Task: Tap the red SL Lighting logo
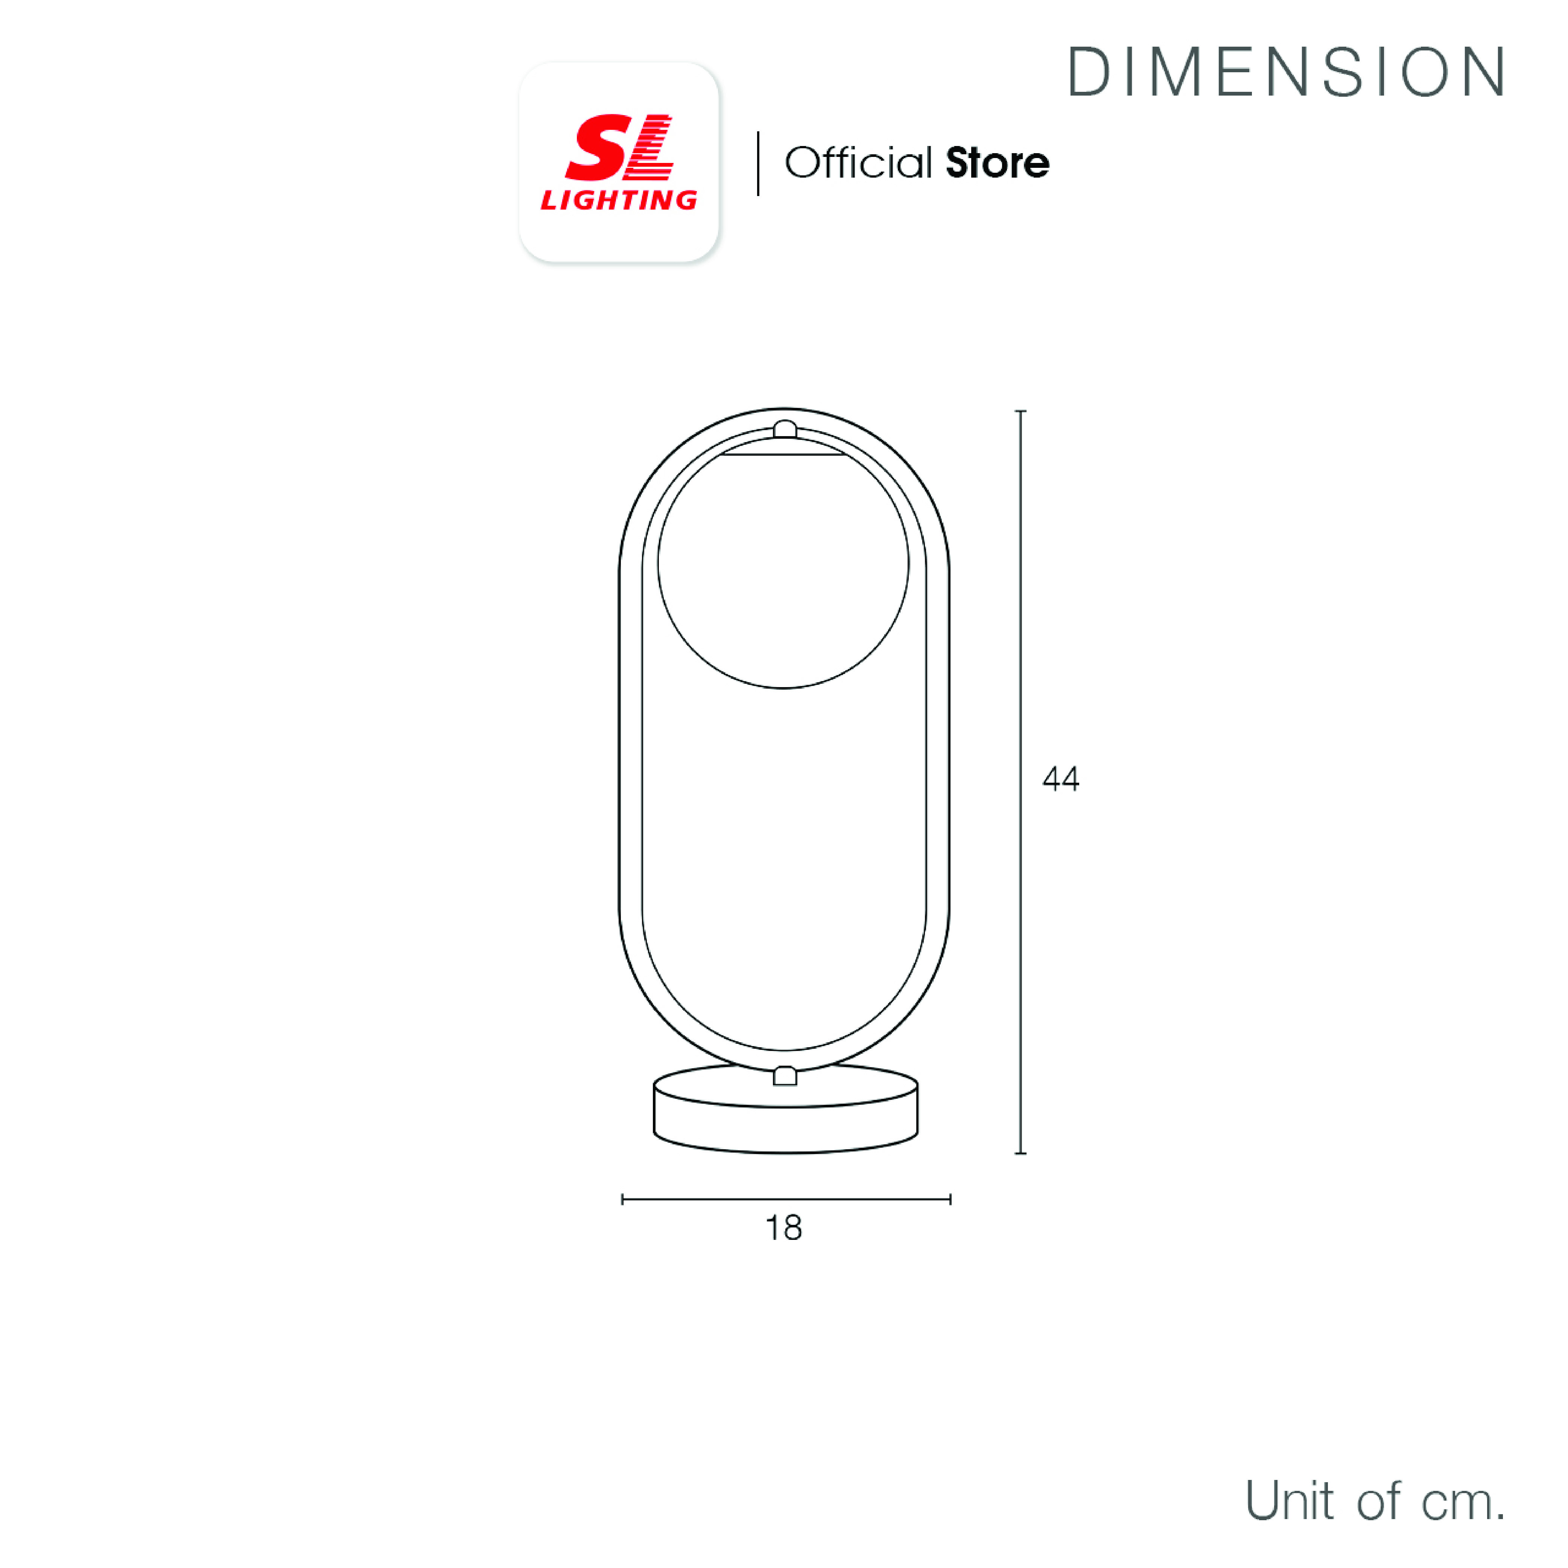click(x=619, y=162)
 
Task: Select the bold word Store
click(x=998, y=163)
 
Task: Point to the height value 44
click(x=1061, y=779)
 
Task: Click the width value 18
click(x=784, y=1228)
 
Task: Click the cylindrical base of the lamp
click(x=786, y=1109)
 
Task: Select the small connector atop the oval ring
click(x=785, y=429)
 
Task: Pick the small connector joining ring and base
click(x=785, y=1076)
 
